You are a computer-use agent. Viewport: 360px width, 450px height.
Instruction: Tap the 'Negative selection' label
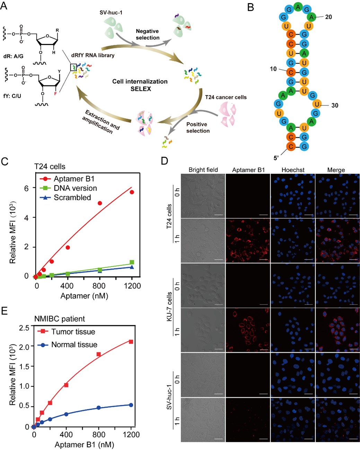[x=148, y=34]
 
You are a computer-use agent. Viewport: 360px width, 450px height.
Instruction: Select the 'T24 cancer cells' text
[x=226, y=97]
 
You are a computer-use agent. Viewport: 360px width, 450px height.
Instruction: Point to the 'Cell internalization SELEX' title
[x=140, y=85]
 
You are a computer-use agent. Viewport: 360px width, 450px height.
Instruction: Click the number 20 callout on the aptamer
[x=328, y=17]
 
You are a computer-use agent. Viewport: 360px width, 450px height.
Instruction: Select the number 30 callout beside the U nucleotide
[x=334, y=105]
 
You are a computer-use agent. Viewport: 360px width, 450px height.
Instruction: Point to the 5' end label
[x=276, y=158]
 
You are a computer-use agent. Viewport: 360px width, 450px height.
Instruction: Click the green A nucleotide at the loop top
[x=298, y=7]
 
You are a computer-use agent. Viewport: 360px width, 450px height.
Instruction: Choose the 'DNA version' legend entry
[x=75, y=188]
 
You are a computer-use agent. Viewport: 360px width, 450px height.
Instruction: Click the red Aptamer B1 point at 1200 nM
[x=132, y=192]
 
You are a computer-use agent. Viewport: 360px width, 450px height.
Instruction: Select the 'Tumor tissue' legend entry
[x=73, y=332]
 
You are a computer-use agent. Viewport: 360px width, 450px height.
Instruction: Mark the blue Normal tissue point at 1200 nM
[x=131, y=405]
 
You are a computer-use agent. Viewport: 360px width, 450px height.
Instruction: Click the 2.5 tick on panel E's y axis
[x=24, y=327]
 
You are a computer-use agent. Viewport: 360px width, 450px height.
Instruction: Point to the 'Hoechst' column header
[x=293, y=170]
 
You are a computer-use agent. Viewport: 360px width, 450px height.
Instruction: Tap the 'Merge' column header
[x=336, y=170]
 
